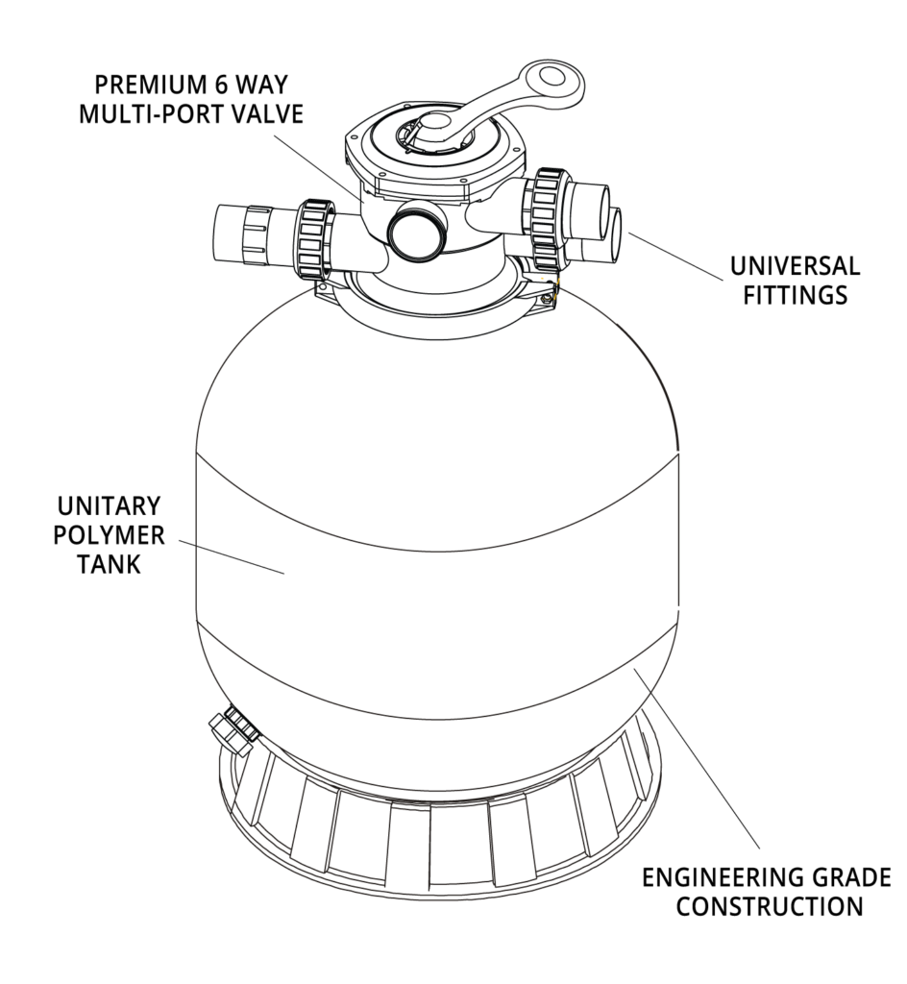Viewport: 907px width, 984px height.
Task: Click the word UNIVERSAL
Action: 795,266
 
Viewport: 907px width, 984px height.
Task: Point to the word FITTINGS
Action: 796,295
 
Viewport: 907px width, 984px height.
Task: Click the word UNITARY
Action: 110,505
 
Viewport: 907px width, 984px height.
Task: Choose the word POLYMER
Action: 109,535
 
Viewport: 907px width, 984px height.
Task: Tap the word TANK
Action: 110,564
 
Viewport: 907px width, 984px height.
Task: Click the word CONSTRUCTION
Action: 769,906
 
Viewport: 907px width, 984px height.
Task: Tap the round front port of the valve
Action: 416,231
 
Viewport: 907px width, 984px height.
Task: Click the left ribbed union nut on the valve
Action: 315,238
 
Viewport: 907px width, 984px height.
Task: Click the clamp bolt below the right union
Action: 550,292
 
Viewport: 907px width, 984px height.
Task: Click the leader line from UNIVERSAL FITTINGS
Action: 674,256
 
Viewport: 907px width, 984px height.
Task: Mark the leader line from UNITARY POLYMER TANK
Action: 232,556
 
